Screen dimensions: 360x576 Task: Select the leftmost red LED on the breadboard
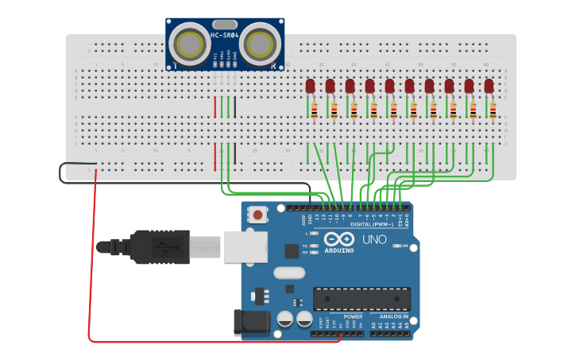(311, 85)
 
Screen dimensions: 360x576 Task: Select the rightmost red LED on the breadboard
(489, 85)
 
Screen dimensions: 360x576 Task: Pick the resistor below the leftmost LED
(315, 110)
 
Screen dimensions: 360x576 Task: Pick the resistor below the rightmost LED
(493, 110)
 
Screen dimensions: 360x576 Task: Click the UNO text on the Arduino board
(373, 239)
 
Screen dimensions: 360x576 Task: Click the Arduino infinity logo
(338, 241)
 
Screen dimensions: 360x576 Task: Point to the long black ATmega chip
(362, 298)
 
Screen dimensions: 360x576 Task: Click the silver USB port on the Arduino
(242, 246)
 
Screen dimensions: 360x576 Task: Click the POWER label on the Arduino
(353, 316)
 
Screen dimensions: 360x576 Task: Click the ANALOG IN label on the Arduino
(394, 316)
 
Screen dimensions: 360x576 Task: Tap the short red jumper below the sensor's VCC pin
(215, 107)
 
